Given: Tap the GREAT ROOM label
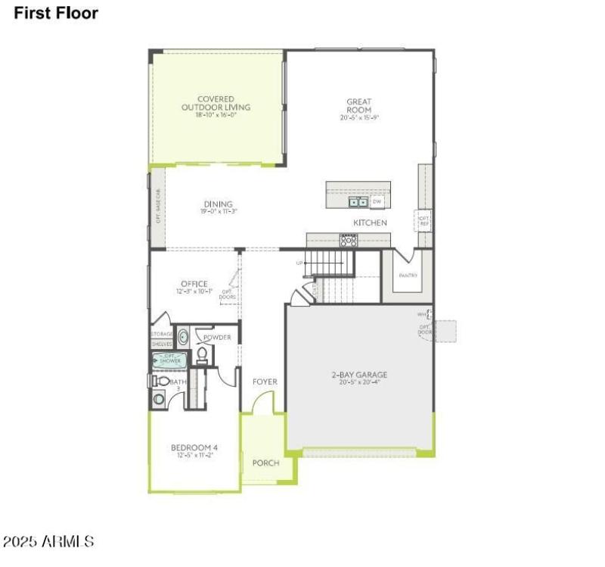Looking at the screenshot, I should [x=358, y=105].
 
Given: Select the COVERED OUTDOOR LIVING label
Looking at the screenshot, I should [x=216, y=103].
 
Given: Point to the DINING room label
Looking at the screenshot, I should [x=218, y=204].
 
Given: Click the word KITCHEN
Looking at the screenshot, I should [x=370, y=223].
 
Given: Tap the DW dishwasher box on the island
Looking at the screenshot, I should [x=377, y=201].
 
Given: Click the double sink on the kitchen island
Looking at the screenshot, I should [x=358, y=202].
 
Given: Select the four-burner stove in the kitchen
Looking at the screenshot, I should [x=349, y=241].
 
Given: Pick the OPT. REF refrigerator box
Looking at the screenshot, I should [x=424, y=221].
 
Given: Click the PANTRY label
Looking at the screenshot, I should [x=408, y=276].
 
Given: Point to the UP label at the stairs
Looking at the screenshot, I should [x=300, y=263].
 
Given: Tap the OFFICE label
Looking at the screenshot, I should [x=194, y=284].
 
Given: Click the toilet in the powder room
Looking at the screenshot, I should [x=202, y=354].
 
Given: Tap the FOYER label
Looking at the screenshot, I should [x=265, y=382].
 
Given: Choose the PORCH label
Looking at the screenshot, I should [x=265, y=463].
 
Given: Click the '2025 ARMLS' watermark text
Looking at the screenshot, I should [x=48, y=542].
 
